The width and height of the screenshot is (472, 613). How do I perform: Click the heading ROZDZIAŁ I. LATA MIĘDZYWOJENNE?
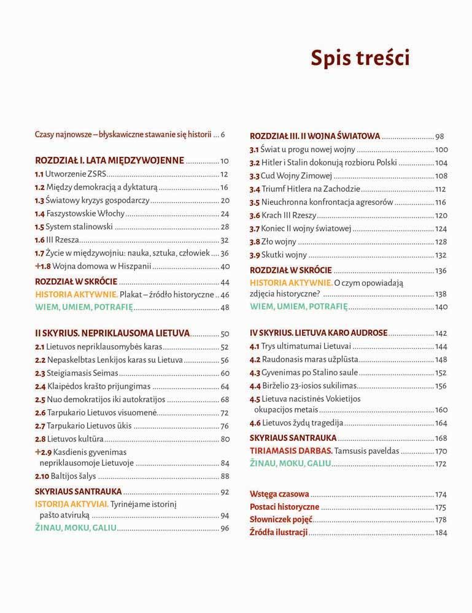point(109,161)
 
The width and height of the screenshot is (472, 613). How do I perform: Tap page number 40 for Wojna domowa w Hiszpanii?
point(225,267)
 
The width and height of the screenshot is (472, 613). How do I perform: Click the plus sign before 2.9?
point(38,452)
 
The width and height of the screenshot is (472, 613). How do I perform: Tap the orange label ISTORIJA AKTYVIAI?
point(72,504)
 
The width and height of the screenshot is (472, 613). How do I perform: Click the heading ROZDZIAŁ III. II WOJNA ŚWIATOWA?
point(315,137)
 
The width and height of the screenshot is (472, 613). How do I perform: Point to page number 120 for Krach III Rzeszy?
point(441,216)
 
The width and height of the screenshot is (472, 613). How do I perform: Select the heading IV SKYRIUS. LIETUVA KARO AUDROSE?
point(319,333)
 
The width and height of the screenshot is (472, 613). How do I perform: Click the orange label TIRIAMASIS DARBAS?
point(292,451)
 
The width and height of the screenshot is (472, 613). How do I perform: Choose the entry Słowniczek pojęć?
point(281,520)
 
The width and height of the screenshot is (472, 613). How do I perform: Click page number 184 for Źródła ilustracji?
point(441,533)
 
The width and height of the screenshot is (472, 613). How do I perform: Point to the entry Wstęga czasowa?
point(279,493)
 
